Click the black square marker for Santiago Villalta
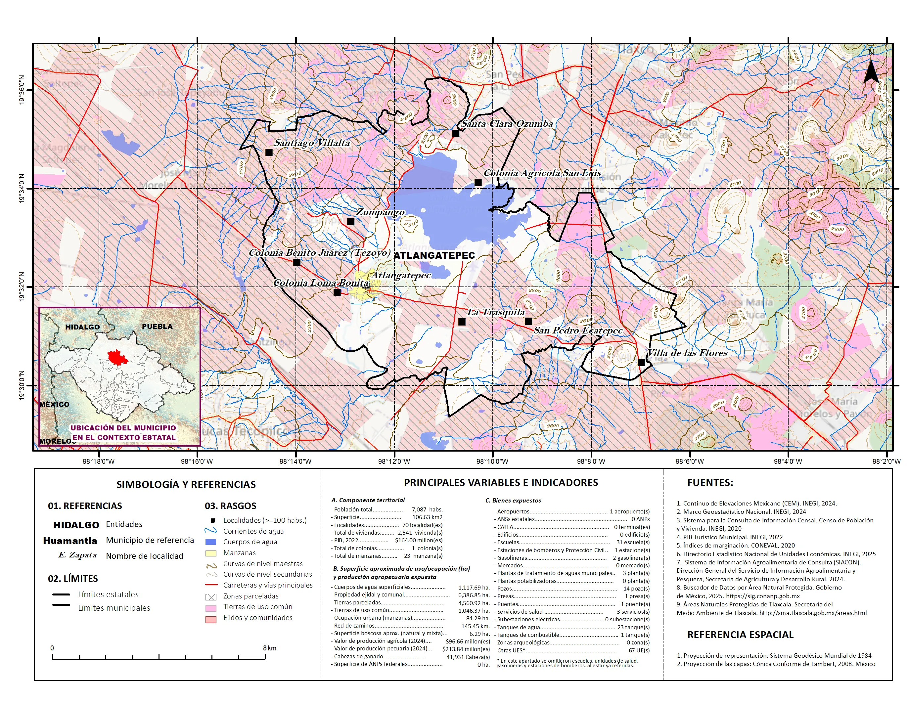point(269,153)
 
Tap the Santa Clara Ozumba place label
point(507,124)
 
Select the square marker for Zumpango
point(350,222)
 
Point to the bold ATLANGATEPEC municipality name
point(434,255)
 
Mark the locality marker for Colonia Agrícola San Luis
point(478,182)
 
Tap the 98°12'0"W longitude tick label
point(394,461)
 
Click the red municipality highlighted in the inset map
point(117,357)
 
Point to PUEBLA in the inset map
point(157,326)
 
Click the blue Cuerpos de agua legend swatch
point(211,542)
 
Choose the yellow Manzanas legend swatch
point(211,553)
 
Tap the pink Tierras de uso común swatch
point(211,608)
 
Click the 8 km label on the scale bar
point(270,648)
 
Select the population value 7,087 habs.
point(427,509)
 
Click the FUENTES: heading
point(710,483)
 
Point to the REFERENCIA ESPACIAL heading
point(740,635)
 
